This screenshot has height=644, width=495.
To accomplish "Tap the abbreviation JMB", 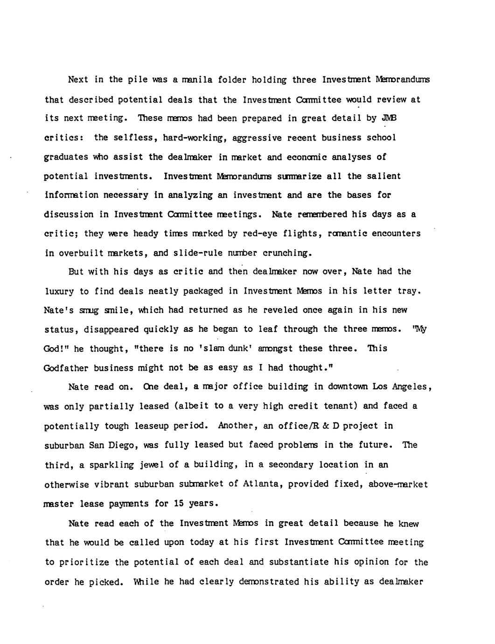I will pos(389,118).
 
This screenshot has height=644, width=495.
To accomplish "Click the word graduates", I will pos(66,157).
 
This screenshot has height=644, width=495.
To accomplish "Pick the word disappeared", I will pos(111,329).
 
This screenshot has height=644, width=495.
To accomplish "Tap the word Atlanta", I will pos(263,484).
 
